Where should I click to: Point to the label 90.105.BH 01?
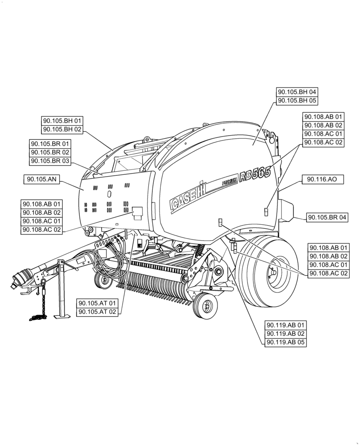pos(62,121)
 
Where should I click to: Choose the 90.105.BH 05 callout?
pos(297,101)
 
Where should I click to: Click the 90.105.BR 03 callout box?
pos(50,161)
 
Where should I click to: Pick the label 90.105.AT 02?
pos(97,312)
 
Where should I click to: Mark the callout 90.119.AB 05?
pos(286,343)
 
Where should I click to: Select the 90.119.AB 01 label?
pos(286,325)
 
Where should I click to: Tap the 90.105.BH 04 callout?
pos(297,92)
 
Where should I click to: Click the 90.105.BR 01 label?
pos(50,144)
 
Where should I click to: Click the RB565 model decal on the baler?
pos(255,174)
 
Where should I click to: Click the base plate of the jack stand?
pos(62,316)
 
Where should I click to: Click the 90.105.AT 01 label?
pos(97,303)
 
